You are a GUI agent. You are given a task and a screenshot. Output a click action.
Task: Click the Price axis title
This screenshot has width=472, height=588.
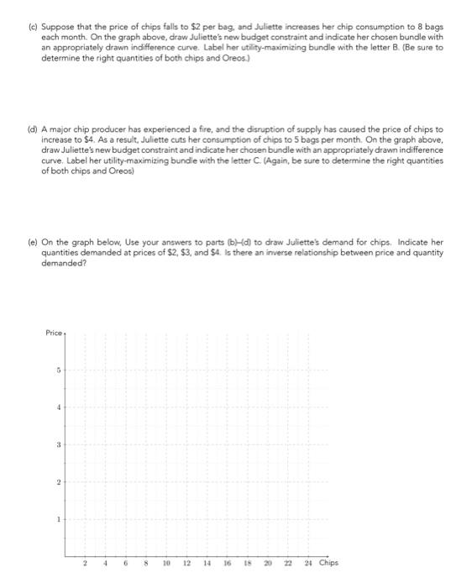pyautogui.click(x=54, y=333)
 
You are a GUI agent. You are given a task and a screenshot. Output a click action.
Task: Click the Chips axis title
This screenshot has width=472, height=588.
pyautogui.click(x=329, y=563)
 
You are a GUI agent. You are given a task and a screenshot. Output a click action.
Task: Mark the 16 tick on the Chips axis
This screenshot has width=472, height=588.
pyautogui.click(x=226, y=563)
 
